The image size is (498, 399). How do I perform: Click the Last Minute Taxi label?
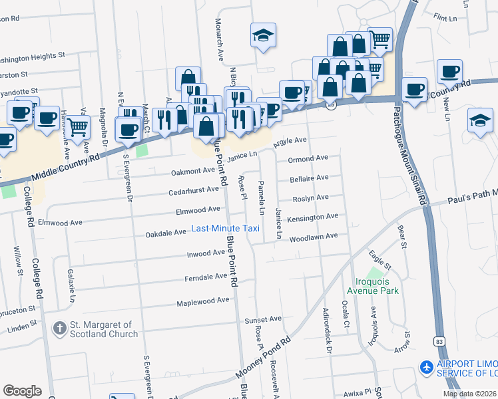(224, 228)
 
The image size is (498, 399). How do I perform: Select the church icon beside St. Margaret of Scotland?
(59, 329)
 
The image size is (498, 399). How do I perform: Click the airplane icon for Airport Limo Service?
(426, 366)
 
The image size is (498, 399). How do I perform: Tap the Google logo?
(22, 390)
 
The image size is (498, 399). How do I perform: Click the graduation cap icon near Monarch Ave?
(263, 35)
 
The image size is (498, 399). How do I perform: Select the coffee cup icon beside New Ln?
(449, 72)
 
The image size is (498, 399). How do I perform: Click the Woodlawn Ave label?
(313, 236)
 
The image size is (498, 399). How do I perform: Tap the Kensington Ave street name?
(313, 217)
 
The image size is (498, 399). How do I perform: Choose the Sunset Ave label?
(263, 319)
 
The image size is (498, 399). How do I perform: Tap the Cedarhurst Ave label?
(194, 189)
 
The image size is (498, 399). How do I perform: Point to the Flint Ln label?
(447, 15)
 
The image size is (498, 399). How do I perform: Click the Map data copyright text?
(470, 394)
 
